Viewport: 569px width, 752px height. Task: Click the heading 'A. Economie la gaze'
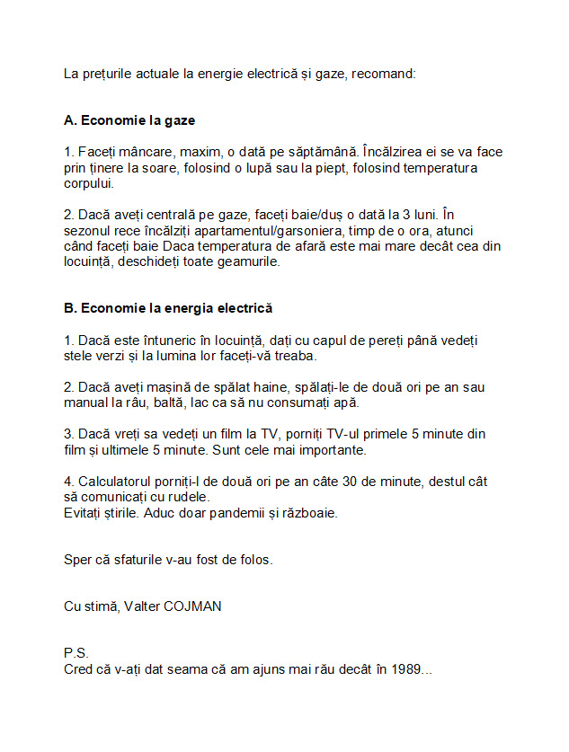click(x=129, y=119)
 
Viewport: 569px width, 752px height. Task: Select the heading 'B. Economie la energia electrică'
click(x=168, y=307)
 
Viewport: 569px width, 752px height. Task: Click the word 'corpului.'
click(x=89, y=183)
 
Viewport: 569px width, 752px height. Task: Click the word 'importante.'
click(x=329, y=449)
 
